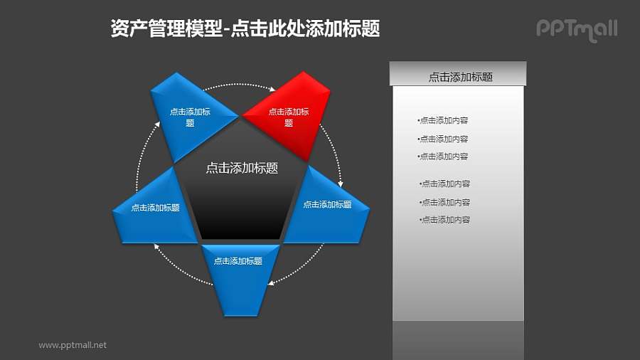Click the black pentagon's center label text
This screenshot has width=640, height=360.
241,169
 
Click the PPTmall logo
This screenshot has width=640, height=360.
576,29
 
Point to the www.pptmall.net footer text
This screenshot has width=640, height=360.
73,345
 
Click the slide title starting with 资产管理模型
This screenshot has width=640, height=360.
245,28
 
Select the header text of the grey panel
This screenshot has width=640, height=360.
460,77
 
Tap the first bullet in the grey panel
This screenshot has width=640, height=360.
443,120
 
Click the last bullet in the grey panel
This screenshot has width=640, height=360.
445,220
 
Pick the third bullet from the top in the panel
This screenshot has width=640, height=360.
443,156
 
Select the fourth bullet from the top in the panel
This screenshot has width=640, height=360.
445,184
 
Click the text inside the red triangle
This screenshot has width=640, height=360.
289,117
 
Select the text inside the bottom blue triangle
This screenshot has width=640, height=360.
240,261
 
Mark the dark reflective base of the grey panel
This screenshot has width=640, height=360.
459,339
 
